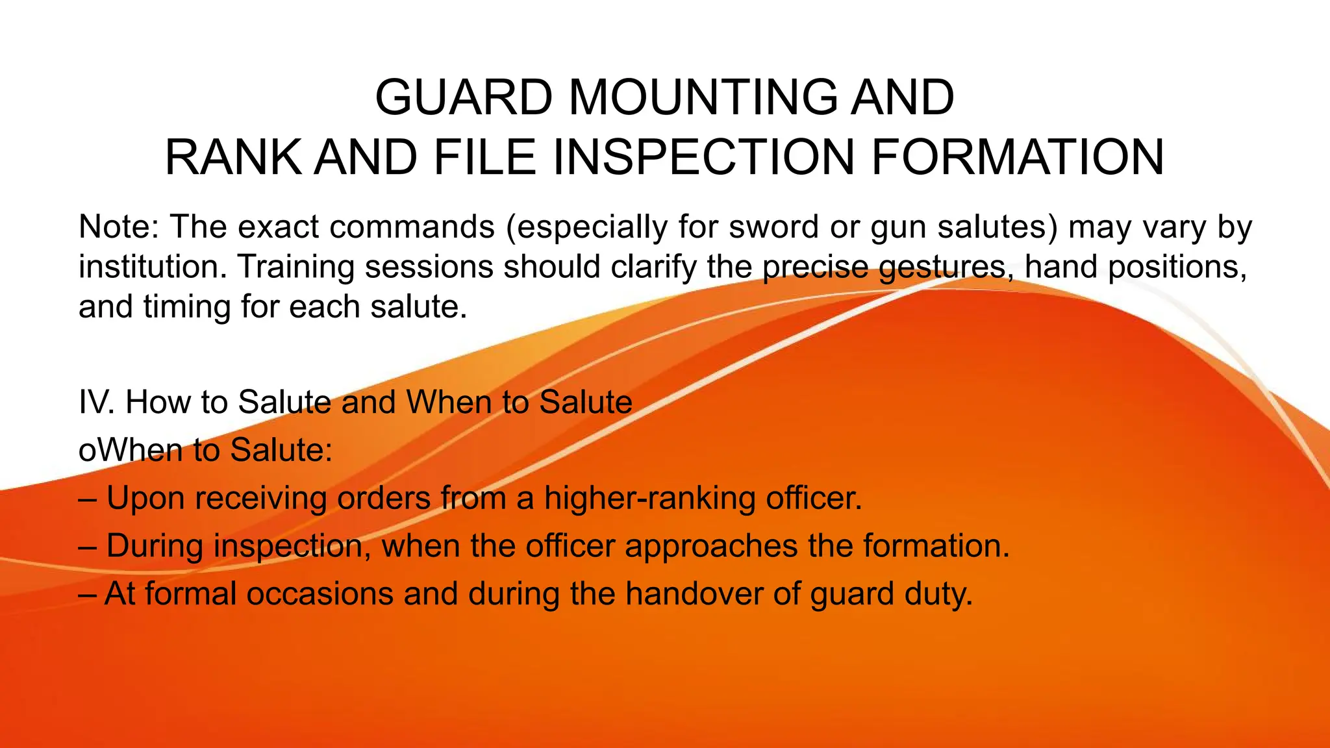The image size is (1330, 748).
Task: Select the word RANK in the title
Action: (233, 158)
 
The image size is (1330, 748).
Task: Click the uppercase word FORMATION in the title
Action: (1018, 158)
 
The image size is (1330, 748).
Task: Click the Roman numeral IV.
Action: (96, 402)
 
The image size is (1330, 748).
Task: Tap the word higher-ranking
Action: (649, 499)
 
